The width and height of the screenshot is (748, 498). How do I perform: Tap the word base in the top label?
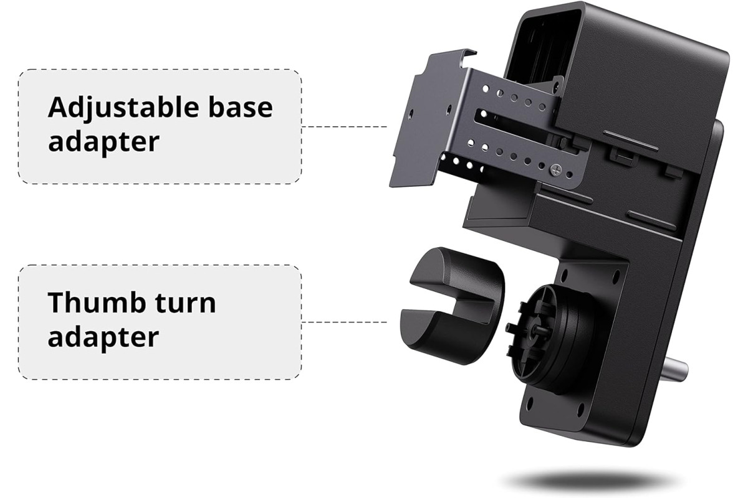pyautogui.click(x=241, y=108)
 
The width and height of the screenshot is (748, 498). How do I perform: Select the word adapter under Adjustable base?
pyautogui.click(x=103, y=143)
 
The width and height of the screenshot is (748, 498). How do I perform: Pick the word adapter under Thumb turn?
pyautogui.click(x=103, y=338)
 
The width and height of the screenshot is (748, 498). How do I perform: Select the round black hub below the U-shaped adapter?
pyautogui.click(x=548, y=337)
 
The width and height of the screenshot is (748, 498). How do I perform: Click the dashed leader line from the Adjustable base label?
pyautogui.click(x=344, y=127)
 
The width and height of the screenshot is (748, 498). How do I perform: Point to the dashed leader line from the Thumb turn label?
pyautogui.click(x=344, y=322)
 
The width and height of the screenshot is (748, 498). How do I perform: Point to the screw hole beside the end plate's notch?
pyautogui.click(x=410, y=113)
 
